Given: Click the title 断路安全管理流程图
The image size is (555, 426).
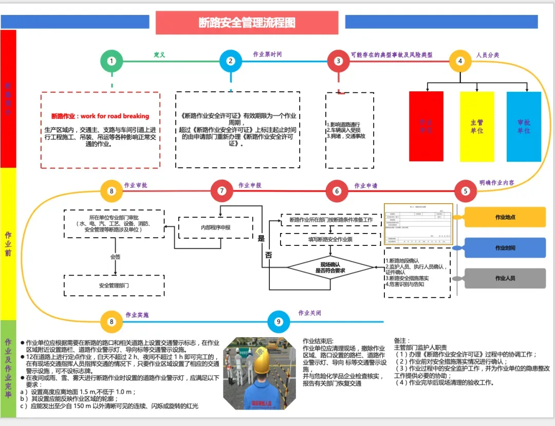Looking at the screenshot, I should pos(247,23).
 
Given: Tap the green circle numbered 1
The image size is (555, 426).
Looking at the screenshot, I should pos(112,61).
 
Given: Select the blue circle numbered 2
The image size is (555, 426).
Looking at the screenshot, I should pos(231,61).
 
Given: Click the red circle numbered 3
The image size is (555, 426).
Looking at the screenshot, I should pos(338,61).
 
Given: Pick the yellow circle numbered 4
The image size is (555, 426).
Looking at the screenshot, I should pos(460,61).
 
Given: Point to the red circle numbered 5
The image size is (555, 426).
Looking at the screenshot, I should pos(466,191).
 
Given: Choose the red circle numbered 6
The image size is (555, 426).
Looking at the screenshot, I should pos(337,191).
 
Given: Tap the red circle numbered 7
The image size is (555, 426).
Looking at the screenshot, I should pos(222,191).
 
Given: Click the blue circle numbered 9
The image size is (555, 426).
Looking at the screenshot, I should pos(279,322).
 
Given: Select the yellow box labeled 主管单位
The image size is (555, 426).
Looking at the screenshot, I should pos(477,127).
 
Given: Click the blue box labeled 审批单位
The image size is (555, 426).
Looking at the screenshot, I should pos(524,127).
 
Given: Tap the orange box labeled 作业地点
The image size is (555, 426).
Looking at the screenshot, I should pos(505,217).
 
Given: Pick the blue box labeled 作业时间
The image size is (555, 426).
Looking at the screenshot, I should pos(505,248).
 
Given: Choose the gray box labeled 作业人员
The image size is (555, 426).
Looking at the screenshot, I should pos(505,278).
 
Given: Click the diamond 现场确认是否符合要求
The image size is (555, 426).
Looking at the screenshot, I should pos(330,267).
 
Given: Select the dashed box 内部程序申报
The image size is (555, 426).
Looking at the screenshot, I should pos(215,227).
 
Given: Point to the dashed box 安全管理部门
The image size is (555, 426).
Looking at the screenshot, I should pos(114,285).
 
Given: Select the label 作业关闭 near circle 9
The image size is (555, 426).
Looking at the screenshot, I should pos(310,313).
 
